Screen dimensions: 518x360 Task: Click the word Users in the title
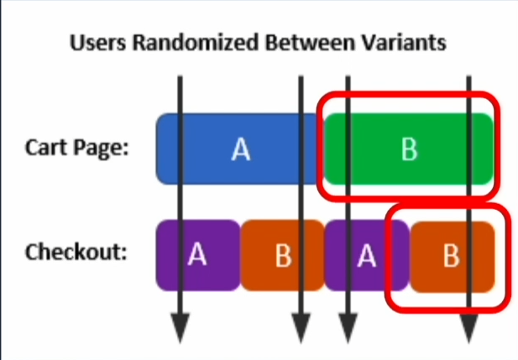(97, 43)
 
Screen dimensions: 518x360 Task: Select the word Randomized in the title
(196, 43)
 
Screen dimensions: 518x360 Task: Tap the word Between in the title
(310, 43)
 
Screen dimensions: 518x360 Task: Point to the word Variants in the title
(404, 43)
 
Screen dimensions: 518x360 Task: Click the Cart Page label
(76, 148)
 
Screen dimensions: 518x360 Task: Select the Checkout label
(76, 252)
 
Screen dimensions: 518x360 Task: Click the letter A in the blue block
(241, 149)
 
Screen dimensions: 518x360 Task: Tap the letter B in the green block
(410, 149)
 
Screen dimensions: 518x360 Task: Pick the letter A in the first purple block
(197, 254)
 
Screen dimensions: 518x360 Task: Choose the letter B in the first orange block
(284, 255)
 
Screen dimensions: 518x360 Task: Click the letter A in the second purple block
(367, 255)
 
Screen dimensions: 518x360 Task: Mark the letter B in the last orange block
(452, 255)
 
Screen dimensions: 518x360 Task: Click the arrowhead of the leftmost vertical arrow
(180, 328)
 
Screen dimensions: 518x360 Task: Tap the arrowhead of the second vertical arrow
(301, 328)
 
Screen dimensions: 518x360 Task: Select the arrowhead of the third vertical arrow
(348, 328)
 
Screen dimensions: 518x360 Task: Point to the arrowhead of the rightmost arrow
(469, 328)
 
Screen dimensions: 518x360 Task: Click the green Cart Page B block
(409, 149)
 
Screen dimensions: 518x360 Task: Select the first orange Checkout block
(283, 255)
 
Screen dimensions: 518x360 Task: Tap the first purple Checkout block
(198, 255)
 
